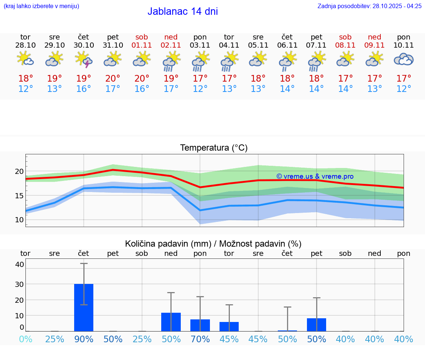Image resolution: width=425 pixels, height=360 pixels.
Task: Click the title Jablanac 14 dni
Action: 183,11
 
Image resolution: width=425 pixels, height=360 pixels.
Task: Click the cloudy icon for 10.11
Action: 404,59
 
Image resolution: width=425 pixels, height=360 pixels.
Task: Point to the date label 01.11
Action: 142,45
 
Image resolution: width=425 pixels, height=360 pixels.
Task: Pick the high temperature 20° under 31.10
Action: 113,79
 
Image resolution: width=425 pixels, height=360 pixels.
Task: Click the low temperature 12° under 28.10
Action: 25,89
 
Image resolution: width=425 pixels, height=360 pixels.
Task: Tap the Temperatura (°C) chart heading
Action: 214,148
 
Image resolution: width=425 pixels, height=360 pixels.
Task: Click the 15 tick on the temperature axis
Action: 19,195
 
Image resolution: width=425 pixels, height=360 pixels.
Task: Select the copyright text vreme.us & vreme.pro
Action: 315,176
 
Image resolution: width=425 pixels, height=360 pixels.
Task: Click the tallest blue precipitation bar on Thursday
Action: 84,307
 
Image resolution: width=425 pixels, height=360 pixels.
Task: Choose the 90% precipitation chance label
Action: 84,339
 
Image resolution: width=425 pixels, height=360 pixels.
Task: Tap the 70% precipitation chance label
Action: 200,339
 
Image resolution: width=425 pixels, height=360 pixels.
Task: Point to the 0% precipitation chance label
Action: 25,339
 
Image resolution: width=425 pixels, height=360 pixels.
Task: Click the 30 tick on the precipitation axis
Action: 19,284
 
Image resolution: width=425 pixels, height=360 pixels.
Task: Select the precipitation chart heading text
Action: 213,244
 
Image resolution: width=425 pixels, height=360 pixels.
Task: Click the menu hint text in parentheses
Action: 41,6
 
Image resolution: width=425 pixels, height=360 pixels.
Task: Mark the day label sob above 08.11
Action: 345,37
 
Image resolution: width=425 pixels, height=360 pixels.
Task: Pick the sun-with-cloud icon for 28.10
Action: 25,59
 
